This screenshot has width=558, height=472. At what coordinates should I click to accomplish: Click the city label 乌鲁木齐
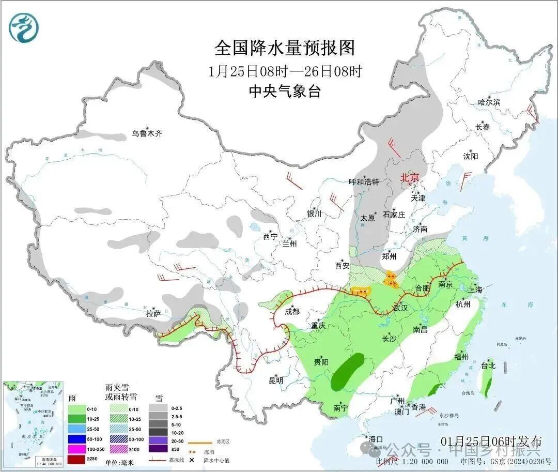[x=146, y=133]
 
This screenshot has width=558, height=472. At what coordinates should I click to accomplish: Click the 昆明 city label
[x=276, y=380]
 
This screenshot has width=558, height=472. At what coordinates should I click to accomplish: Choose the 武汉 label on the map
[x=400, y=308]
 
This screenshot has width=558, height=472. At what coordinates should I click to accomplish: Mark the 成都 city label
[x=292, y=311]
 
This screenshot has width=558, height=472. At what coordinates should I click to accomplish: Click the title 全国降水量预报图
[x=285, y=48]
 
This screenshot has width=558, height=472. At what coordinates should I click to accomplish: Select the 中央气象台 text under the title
[x=285, y=92]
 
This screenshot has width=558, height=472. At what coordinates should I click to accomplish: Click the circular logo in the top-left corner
[x=24, y=28]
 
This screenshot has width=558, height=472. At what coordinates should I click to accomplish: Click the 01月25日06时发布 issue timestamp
[x=491, y=441]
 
